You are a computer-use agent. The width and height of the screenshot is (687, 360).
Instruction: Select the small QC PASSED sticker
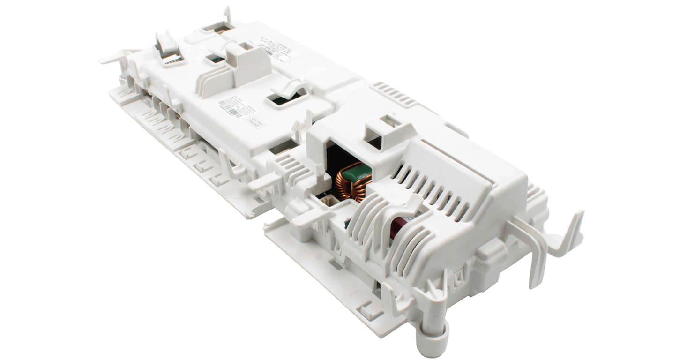(257, 123)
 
